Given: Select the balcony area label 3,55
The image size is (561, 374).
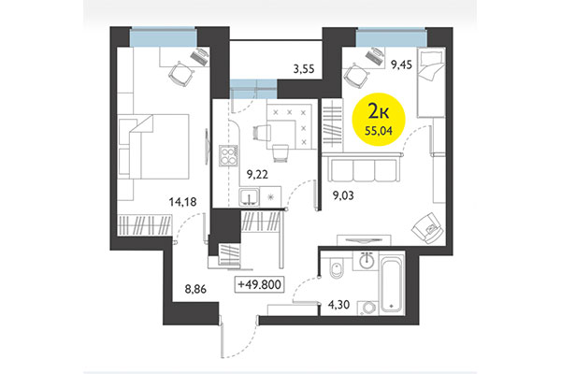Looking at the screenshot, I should (303, 67).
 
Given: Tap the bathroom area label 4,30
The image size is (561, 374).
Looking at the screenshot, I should (339, 302).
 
